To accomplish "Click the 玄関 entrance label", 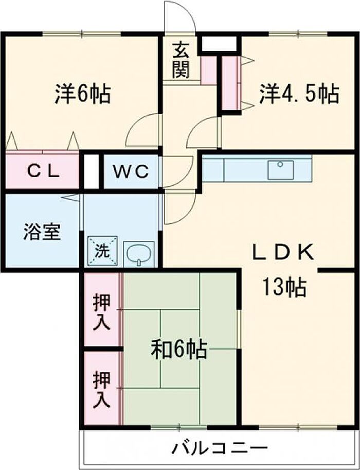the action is (181, 60).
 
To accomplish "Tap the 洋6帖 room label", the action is (82, 94).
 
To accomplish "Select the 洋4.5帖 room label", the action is (299, 94).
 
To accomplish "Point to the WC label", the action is (131, 172).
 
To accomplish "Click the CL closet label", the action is (43, 172).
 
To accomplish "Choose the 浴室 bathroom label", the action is (42, 232).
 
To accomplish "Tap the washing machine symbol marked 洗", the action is (102, 251).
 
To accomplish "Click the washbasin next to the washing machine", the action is (139, 254).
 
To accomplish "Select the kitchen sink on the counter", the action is (281, 170).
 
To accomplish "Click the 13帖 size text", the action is (284, 287).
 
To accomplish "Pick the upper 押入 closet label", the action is (102, 312).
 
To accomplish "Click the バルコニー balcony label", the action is (220, 449).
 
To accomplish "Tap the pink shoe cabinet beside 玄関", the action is (209, 70).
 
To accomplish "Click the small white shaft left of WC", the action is (92, 171).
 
